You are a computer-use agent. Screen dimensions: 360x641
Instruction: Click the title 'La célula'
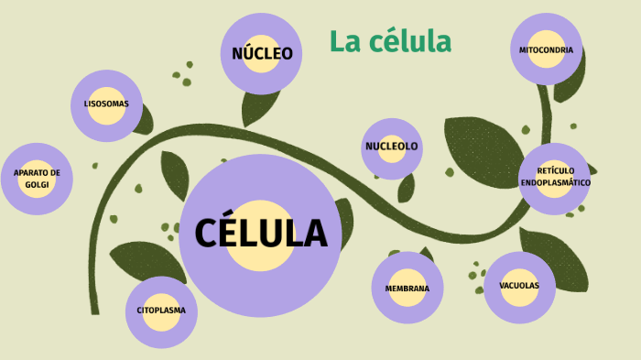(390, 41)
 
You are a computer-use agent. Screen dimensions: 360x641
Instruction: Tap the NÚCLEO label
(262, 53)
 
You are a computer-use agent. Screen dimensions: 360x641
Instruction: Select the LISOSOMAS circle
(106, 104)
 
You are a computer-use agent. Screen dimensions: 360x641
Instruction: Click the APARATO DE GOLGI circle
(37, 179)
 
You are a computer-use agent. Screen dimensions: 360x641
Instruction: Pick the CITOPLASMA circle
(161, 311)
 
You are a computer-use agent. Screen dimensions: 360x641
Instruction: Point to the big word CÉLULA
(261, 234)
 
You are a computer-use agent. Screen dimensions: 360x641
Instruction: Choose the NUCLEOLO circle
(392, 147)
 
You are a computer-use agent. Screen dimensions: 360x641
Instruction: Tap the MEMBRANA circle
(407, 289)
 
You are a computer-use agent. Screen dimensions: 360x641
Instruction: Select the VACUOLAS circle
(519, 286)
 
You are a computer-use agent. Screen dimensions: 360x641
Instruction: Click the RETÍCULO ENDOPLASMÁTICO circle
(555, 177)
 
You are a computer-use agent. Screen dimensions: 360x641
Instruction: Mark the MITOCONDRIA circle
(546, 49)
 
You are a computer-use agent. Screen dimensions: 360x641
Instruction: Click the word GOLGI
(37, 184)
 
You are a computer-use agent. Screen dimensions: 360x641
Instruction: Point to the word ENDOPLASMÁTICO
(555, 182)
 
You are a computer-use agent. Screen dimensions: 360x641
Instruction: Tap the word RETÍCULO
(555, 171)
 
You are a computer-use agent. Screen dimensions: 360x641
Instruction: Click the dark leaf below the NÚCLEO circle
(258, 108)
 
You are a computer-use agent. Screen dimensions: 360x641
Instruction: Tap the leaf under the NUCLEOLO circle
(406, 188)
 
